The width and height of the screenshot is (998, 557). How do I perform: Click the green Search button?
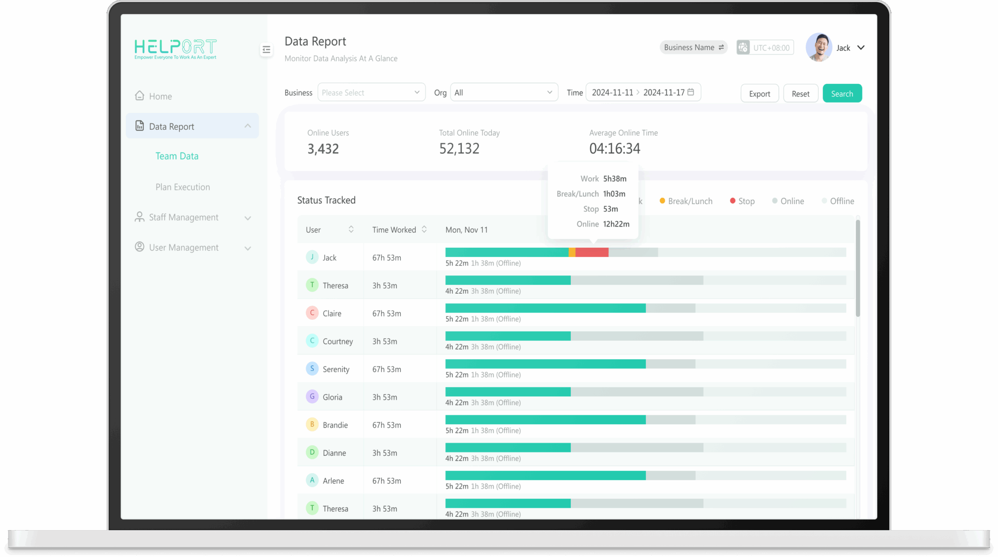click(842, 93)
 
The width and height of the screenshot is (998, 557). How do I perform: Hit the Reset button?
click(800, 93)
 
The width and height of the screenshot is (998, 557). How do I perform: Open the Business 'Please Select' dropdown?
click(371, 93)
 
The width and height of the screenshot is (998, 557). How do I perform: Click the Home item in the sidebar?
click(160, 96)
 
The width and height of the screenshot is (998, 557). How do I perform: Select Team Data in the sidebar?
click(177, 156)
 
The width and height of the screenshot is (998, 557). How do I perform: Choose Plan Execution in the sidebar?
click(182, 187)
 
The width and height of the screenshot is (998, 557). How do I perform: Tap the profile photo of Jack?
click(819, 48)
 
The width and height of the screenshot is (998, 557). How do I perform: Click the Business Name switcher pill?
click(693, 48)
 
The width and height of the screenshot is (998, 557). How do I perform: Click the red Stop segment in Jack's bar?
click(592, 252)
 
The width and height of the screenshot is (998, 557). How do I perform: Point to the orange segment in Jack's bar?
click(572, 252)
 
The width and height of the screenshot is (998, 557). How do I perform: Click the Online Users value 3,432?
click(323, 149)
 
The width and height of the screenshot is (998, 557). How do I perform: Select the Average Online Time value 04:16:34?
click(614, 149)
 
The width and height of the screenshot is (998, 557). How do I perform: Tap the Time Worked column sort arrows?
click(424, 229)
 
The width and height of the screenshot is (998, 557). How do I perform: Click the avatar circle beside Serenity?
click(312, 368)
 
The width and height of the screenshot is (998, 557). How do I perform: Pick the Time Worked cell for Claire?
click(386, 314)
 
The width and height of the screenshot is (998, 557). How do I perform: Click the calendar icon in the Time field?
click(691, 92)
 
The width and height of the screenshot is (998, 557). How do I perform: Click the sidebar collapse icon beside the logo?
click(266, 49)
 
